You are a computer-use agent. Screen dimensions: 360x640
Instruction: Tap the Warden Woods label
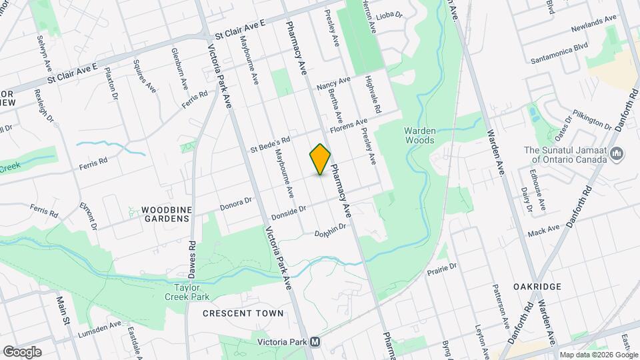pos(420,135)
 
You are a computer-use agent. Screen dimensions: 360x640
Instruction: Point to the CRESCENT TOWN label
pos(243,313)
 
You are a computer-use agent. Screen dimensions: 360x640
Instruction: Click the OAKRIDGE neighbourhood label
pos(537,287)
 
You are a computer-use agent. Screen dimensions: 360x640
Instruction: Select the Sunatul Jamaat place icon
pos(617,155)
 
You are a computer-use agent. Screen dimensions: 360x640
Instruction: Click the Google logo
pos(21,351)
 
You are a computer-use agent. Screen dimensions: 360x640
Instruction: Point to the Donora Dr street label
pos(235,204)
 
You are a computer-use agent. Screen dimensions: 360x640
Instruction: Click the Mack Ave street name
pos(543,232)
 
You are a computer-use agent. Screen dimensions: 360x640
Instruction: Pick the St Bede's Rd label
pos(270,144)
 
